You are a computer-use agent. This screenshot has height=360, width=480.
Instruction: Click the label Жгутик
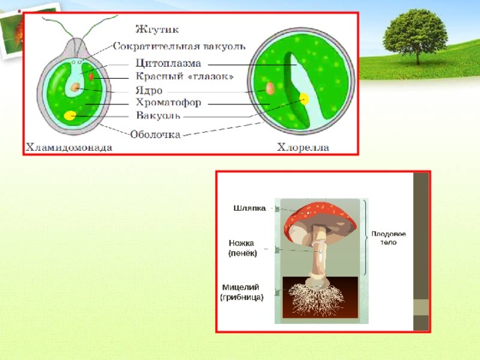pos(157,29)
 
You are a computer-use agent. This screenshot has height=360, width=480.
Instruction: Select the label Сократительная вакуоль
pos(179,46)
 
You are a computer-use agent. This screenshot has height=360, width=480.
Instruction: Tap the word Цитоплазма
pos(168,63)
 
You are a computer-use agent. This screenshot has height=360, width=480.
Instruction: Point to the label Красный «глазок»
pos(184,76)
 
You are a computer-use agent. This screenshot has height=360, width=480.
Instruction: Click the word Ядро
pos(149,91)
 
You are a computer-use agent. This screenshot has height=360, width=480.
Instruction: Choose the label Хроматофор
pos(169,102)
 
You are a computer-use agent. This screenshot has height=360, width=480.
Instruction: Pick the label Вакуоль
pos(158,115)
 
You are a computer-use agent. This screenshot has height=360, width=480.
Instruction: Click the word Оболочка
pos(155,135)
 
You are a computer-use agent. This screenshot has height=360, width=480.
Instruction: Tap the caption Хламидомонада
pos(69,148)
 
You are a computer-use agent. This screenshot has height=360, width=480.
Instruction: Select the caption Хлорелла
pos(303,148)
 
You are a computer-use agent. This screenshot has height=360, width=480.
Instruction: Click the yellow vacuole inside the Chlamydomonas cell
pos(70,115)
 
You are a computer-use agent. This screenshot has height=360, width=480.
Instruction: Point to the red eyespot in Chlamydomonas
pos(91,76)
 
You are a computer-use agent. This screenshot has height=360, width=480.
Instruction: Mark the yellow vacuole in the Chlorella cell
pos(304,98)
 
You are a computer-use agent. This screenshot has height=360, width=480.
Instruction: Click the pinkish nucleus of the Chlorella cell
pos(270,88)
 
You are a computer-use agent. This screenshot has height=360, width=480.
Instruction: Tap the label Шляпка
pos(250,208)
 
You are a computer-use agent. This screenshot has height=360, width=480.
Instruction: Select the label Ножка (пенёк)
pos(242,248)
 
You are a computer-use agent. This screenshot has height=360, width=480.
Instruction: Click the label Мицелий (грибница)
pos(241,292)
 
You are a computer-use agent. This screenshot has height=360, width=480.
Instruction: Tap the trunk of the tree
pos(418,56)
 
